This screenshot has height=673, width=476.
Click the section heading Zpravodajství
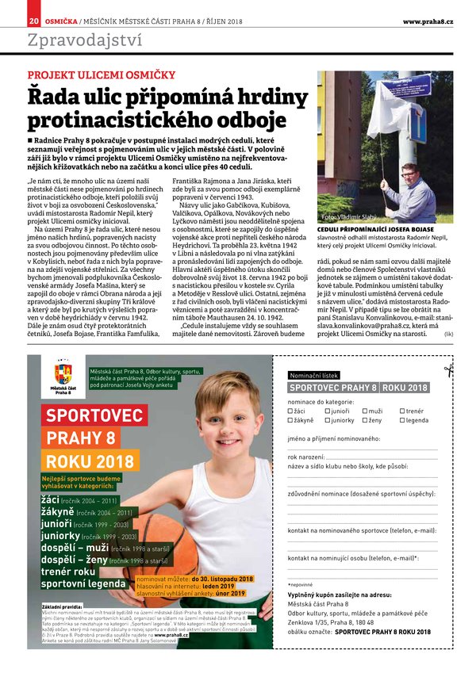tap(85, 40)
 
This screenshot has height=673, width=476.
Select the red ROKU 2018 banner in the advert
tap(90, 461)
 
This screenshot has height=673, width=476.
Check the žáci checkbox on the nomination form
tap(290, 411)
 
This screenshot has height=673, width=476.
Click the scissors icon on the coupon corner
tap(449, 369)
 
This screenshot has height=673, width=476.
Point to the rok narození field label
tap(305, 457)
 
